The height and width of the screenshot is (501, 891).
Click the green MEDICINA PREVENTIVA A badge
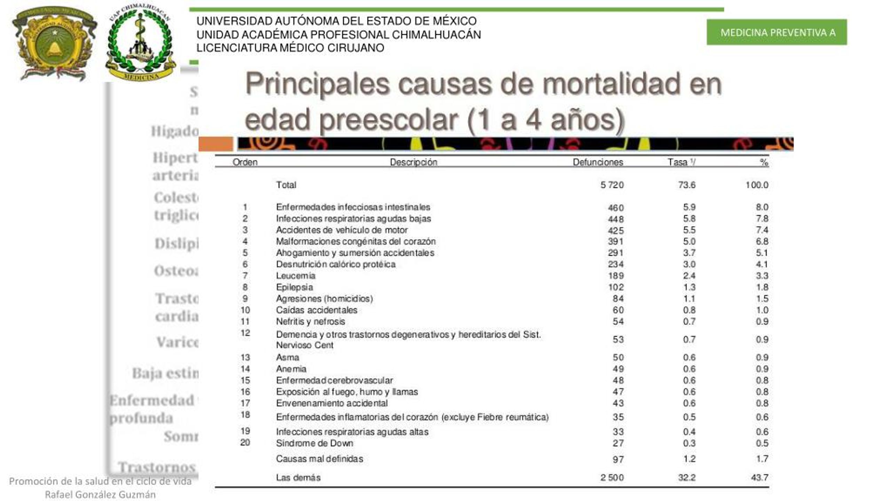point(776,32)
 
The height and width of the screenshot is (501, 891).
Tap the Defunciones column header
point(598,162)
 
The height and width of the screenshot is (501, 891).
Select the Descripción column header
point(413,162)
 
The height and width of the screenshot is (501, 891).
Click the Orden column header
point(245,162)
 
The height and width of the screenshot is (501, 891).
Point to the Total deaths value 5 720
point(612,185)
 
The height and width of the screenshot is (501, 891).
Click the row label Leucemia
point(295,276)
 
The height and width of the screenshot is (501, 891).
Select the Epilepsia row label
point(294,287)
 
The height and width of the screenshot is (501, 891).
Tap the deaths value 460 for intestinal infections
point(615,208)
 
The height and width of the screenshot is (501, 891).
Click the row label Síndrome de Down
point(315,443)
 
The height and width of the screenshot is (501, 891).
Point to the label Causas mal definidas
point(320,459)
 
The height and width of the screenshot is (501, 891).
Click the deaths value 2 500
point(612,478)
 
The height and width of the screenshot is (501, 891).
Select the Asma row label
point(287,357)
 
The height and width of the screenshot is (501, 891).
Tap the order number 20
point(245,443)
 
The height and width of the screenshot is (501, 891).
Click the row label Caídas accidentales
point(316,310)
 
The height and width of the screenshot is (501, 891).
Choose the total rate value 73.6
point(686,185)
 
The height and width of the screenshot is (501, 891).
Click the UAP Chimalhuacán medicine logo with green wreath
point(140,43)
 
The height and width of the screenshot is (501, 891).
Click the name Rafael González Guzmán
point(100,494)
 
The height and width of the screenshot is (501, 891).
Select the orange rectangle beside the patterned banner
point(216,144)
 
